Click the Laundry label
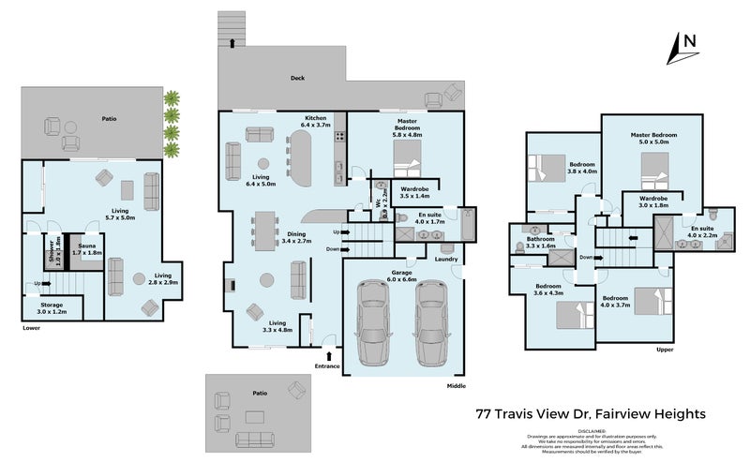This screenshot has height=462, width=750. (445, 260)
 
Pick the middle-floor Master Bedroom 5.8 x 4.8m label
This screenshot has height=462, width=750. (408, 130)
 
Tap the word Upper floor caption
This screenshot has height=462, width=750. (665, 350)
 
